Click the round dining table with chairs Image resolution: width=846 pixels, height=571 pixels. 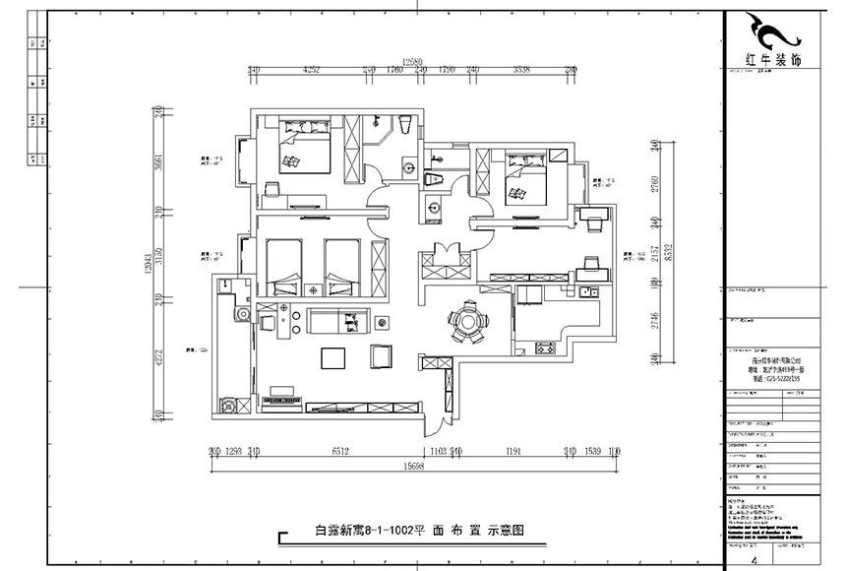(x=464, y=322)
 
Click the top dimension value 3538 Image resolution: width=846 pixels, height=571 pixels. (x=522, y=71)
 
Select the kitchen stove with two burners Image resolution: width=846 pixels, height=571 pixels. (x=544, y=347)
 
